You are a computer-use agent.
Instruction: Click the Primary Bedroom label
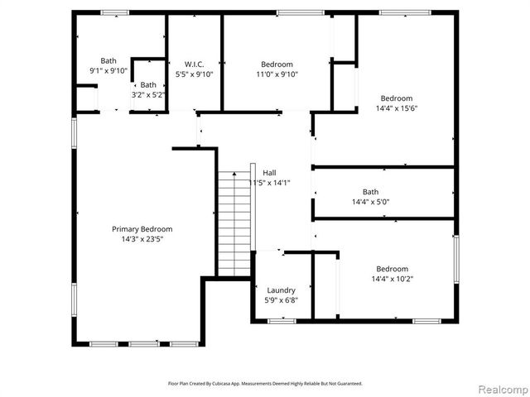(142, 229)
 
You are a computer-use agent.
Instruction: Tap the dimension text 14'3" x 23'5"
(142, 239)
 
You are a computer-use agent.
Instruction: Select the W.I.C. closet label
(195, 65)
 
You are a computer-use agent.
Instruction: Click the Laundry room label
(281, 290)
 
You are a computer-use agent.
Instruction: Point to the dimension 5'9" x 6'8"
(281, 300)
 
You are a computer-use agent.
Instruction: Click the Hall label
(269, 173)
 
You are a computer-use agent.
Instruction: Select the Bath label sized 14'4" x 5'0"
(370, 192)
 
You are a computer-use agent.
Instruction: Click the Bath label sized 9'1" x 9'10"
(108, 60)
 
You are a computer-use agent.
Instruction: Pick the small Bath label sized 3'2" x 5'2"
(148, 85)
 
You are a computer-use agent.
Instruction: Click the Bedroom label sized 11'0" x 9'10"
(277, 65)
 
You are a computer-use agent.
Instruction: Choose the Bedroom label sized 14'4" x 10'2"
(392, 269)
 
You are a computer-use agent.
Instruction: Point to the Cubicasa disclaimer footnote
(265, 384)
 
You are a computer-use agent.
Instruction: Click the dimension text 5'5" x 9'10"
(195, 74)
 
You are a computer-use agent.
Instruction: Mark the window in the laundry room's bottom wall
(282, 321)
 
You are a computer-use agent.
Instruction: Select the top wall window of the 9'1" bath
(114, 12)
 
